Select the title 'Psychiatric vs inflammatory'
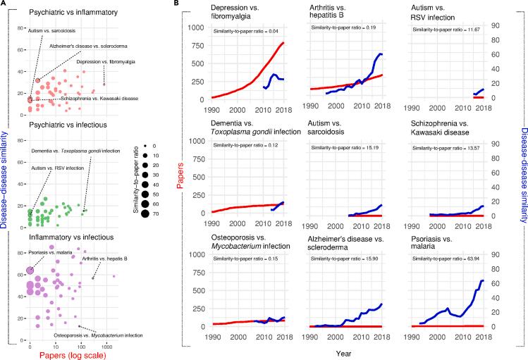click(x=69, y=13)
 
